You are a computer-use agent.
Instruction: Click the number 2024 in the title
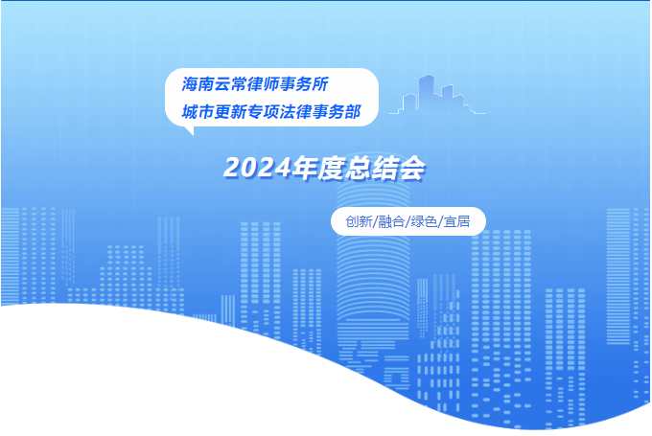click(257, 168)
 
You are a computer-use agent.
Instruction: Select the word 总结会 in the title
click(385, 168)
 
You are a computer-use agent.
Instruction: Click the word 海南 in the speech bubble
click(198, 84)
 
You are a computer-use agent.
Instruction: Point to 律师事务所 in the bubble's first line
click(289, 84)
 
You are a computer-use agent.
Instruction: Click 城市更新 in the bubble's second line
click(214, 112)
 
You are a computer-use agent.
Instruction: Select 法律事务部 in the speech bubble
click(319, 112)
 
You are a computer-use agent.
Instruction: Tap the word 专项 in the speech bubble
click(264, 112)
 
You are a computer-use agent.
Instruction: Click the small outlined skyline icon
click(437, 94)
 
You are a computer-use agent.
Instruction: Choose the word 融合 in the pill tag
click(391, 221)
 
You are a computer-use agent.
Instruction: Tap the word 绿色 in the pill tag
click(424, 221)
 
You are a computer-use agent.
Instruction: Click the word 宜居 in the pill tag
click(456, 221)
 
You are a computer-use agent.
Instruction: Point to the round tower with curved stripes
click(373, 266)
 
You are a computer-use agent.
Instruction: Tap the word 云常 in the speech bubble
click(231, 84)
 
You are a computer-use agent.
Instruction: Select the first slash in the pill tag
click(375, 222)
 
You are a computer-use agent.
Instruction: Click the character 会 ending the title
click(412, 169)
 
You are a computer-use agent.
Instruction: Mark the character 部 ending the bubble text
click(353, 112)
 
